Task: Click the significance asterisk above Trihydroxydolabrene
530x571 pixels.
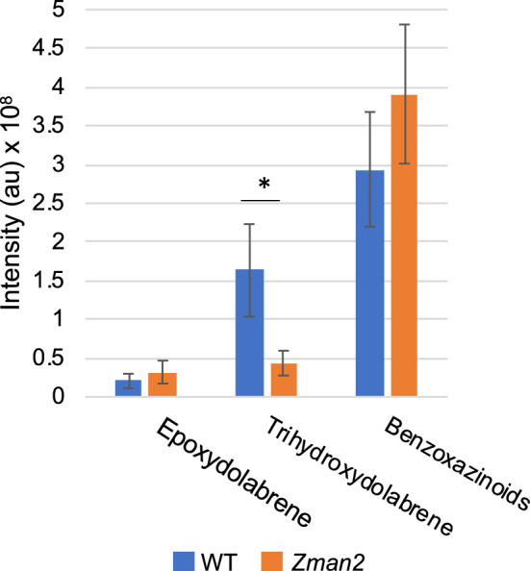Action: (261, 182)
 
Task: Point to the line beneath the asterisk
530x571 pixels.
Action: (261, 200)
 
